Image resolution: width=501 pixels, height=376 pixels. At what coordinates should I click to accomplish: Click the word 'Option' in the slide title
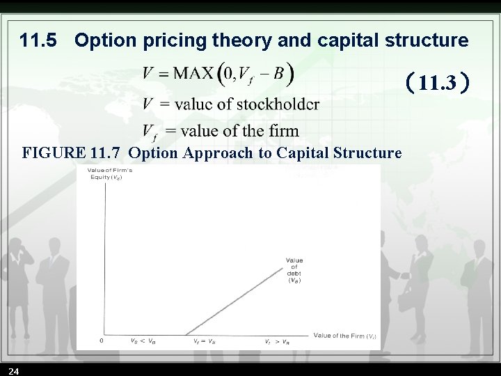coord(105,41)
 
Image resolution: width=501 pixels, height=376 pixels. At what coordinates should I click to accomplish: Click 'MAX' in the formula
coord(193,73)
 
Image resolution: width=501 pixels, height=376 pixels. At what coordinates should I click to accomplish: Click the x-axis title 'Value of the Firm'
coord(344,336)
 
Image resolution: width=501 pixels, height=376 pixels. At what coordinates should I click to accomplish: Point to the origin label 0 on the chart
coord(102,341)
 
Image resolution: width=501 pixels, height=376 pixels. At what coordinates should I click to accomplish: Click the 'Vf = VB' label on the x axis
coord(204,341)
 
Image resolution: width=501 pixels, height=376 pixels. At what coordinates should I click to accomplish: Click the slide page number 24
coord(15,370)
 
